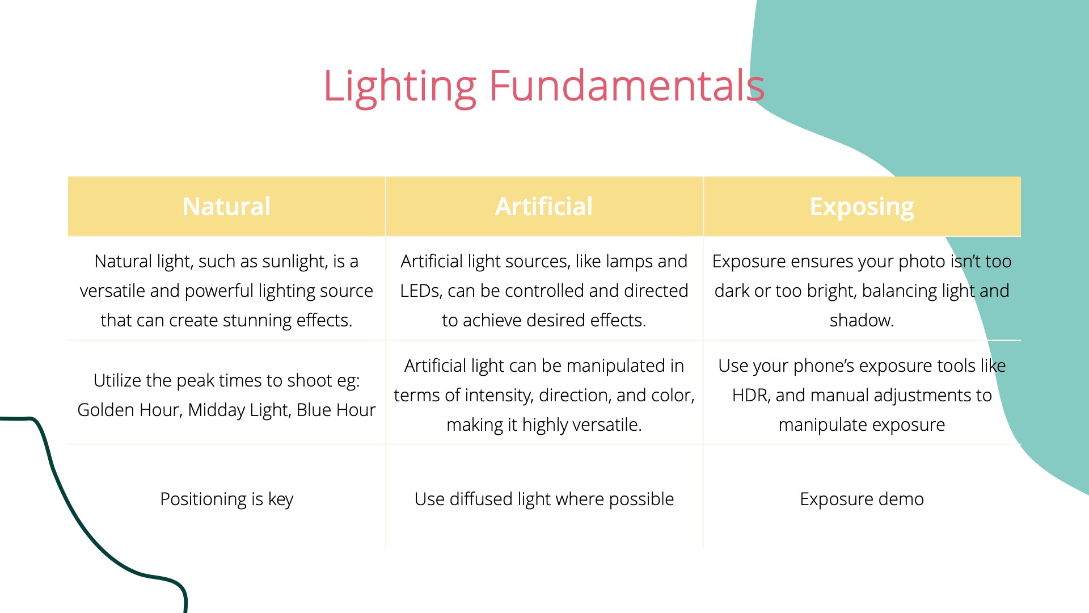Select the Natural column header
coord(226,207)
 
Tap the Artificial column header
coord(544,207)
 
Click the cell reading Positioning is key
coord(226,499)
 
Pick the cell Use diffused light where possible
coord(544,499)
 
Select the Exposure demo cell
coord(862,499)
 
